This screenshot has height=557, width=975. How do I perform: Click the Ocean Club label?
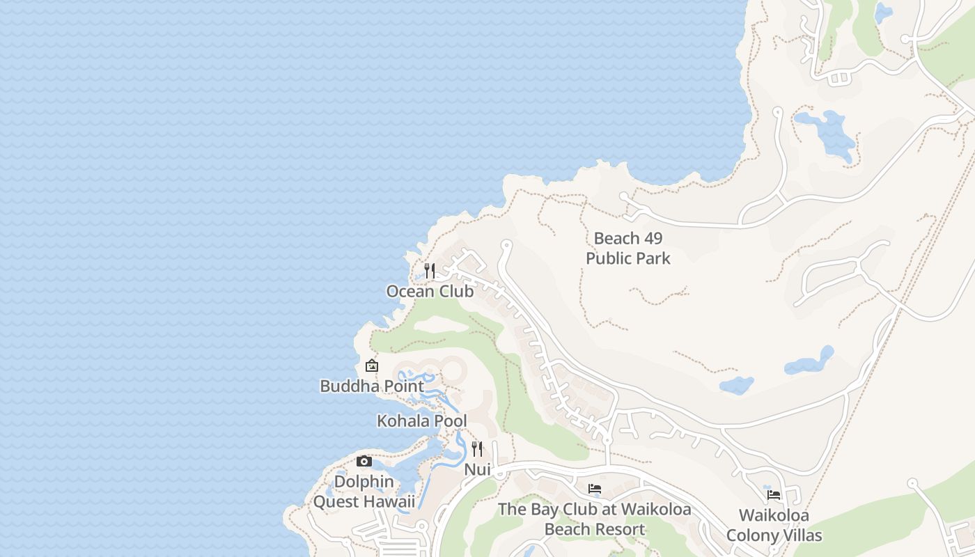[430, 292]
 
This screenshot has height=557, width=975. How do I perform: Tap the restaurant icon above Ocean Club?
[430, 270]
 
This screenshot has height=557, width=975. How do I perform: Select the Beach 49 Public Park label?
[628, 249]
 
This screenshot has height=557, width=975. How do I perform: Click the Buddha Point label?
[372, 386]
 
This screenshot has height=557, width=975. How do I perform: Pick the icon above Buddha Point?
[372, 365]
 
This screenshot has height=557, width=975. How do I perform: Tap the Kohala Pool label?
[422, 421]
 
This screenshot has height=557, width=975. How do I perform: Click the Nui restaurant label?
[478, 470]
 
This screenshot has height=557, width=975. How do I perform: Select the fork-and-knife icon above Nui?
[477, 448]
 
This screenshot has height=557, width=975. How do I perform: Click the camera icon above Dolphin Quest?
[364, 461]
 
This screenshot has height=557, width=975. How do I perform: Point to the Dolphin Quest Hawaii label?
[364, 492]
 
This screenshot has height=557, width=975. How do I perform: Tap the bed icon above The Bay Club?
[594, 489]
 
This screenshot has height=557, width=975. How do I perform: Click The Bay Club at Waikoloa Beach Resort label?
[595, 519]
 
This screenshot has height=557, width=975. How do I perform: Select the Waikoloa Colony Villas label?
[774, 526]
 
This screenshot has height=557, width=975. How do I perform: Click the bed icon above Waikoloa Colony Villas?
[773, 495]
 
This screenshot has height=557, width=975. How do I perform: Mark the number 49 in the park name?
[653, 239]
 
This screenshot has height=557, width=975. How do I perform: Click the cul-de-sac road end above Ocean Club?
[506, 245]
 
